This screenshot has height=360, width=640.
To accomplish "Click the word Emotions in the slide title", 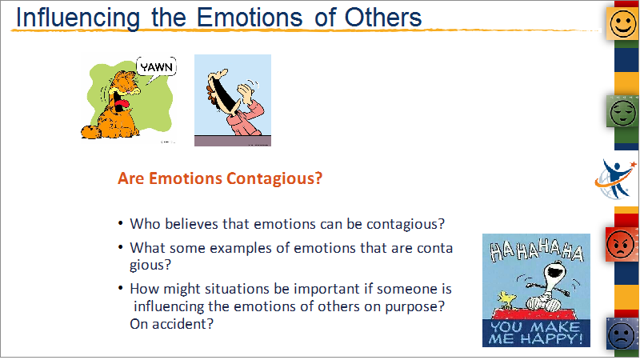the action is point(250,17).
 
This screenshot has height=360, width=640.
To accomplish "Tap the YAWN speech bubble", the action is point(157,67).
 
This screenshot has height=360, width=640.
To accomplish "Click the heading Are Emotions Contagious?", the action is point(220,178).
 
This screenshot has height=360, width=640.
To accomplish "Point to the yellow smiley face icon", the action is point(623,24).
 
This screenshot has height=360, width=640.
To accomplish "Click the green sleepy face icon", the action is point(623,112).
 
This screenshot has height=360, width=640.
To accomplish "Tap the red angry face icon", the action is point(621,244).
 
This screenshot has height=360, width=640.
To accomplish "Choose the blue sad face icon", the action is point(622,334).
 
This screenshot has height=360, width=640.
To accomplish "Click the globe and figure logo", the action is point(615,179).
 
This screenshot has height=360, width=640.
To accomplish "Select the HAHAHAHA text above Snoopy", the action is point(536,250).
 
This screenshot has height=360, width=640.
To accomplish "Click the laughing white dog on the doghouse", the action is point(547,286).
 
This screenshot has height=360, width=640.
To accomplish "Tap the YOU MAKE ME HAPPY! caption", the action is point(536,333).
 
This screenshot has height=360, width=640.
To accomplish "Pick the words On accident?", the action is point(171,324).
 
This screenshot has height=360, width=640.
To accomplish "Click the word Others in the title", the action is point(383,17).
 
